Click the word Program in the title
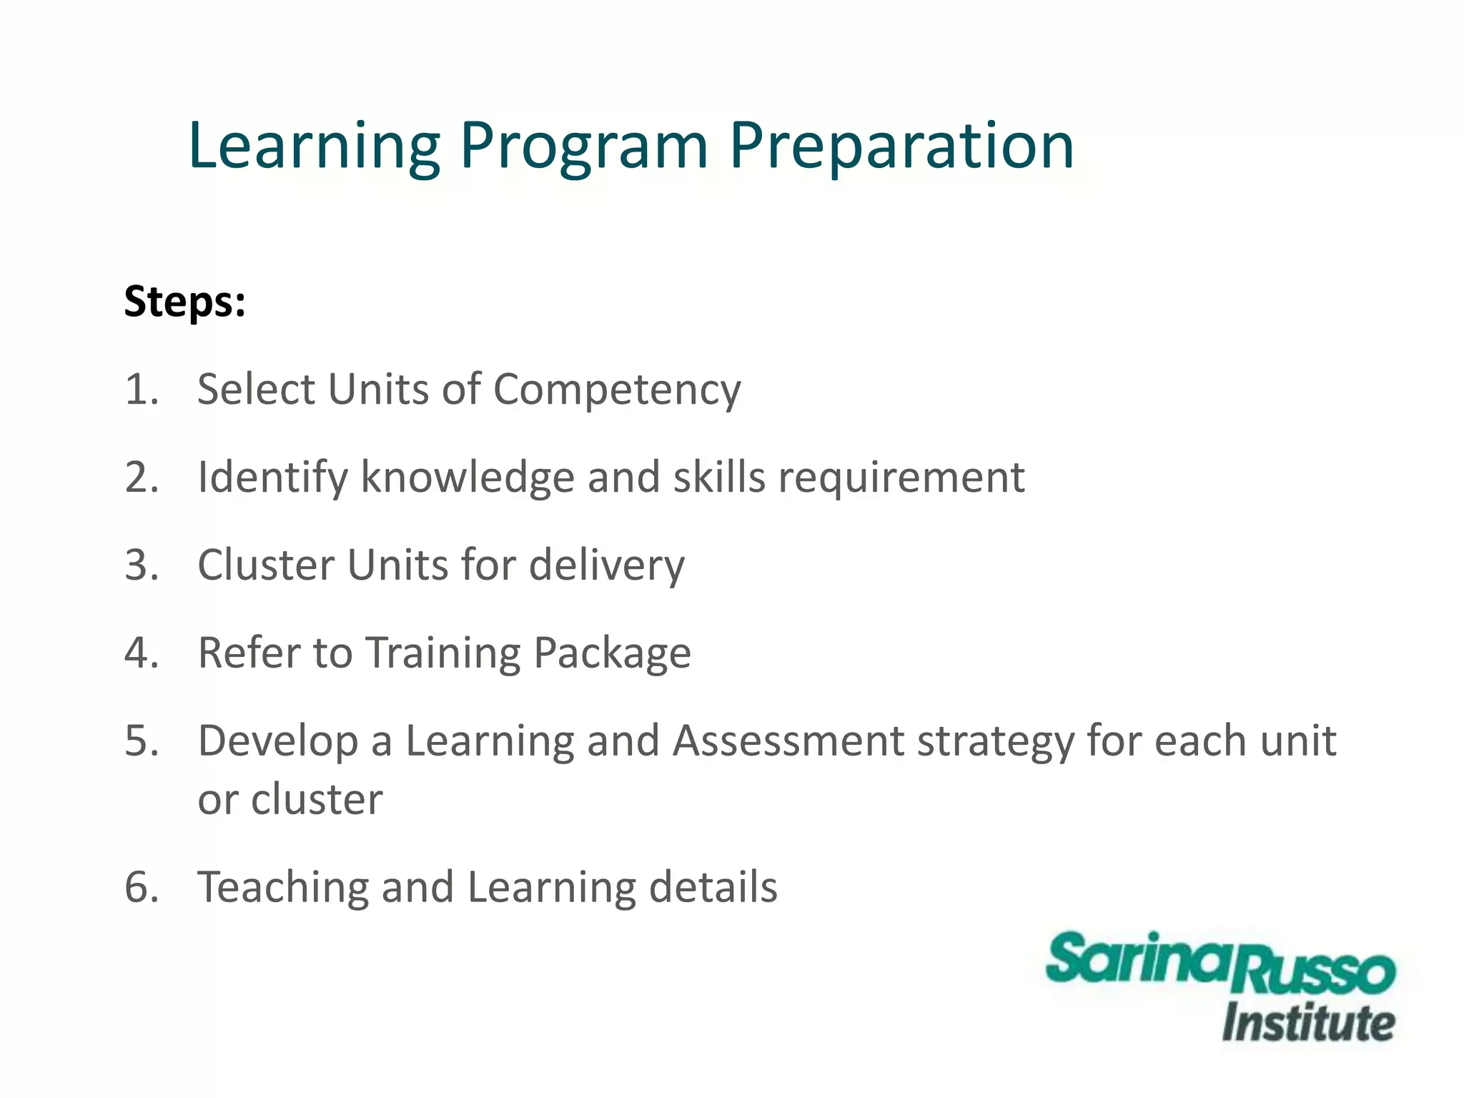point(583,147)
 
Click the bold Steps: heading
point(184,302)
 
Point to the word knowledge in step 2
point(468,478)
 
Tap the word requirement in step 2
point(901,478)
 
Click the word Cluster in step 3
point(265,565)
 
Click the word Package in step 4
point(612,653)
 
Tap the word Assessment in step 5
point(788,741)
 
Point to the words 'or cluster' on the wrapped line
point(290,799)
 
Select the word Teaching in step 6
point(282,888)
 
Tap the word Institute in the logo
point(1307,1023)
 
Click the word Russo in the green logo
point(1314,974)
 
